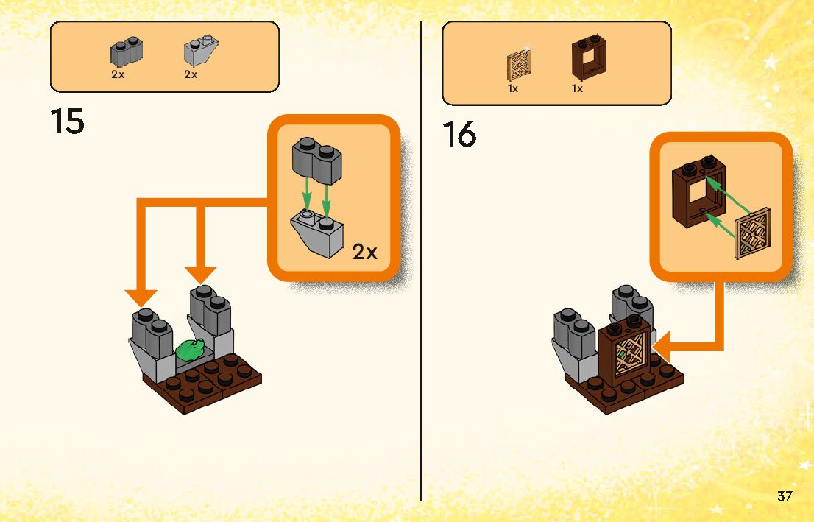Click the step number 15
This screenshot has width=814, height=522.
(68, 121)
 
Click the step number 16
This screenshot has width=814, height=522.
(459, 135)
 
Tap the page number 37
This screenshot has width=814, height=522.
(785, 496)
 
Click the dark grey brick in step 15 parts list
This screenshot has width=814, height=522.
(127, 52)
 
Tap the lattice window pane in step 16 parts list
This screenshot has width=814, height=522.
(520, 65)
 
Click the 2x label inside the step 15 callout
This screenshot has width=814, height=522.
(364, 253)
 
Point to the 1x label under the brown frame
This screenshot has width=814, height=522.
(577, 89)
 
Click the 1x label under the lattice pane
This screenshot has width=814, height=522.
(513, 89)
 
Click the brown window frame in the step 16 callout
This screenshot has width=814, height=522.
(698, 193)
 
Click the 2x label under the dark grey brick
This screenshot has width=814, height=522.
(118, 75)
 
